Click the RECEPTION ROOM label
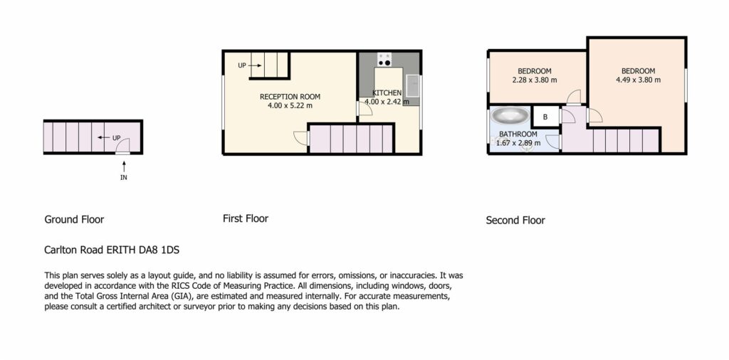290,97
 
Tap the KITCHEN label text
387,93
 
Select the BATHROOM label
518,134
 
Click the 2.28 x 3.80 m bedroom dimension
535,80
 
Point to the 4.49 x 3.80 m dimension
639,80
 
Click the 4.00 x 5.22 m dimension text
290,106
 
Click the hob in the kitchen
384,60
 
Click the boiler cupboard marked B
545,117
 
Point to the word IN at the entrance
124,177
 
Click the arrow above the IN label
124,166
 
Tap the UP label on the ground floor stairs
116,138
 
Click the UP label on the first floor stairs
242,65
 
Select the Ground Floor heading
74,219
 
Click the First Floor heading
246,218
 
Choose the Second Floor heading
515,220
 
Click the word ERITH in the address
120,250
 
